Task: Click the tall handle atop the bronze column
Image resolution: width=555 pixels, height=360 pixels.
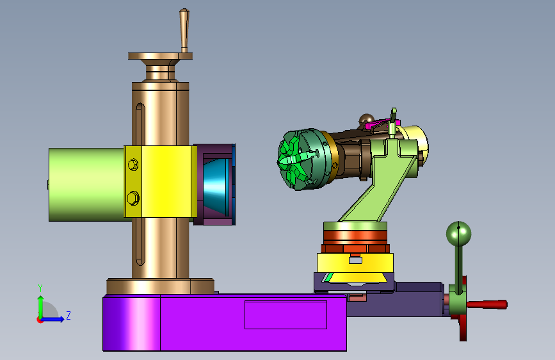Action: tap(184, 31)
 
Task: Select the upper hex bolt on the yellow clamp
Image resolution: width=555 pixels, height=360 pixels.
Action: tap(133, 165)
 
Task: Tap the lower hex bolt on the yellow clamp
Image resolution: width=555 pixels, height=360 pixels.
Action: tap(133, 198)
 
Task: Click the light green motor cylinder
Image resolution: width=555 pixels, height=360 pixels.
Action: tap(86, 184)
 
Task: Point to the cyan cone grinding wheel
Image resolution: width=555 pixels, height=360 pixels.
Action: tap(216, 186)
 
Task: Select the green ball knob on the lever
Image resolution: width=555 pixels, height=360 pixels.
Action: tap(459, 234)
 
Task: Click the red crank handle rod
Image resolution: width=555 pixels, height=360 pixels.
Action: tap(487, 304)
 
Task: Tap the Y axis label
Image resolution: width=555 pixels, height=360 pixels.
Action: tap(40, 288)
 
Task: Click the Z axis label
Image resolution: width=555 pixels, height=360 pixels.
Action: tap(68, 315)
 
